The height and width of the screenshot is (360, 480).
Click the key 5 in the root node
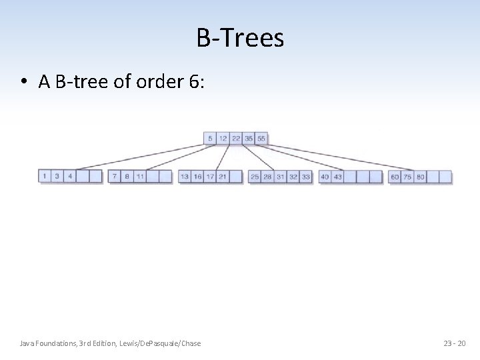[210, 139]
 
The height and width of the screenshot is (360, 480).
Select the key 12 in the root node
[223, 139]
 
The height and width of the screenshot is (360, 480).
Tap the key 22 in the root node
[236, 139]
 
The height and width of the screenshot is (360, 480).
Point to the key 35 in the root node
[249, 139]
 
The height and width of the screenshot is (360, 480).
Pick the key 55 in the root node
[261, 139]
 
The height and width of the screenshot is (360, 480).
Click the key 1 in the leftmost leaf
[45, 177]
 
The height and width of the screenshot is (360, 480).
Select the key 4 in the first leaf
[70, 177]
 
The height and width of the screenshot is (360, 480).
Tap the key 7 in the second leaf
[115, 177]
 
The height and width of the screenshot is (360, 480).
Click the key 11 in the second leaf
[140, 177]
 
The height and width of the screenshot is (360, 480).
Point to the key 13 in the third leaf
[185, 177]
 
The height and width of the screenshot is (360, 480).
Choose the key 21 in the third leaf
[223, 177]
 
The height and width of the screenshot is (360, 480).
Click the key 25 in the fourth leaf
[255, 177]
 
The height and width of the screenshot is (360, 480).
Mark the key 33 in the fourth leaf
[306, 177]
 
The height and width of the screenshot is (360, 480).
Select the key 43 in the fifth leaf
[338, 177]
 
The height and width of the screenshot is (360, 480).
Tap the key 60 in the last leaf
[395, 177]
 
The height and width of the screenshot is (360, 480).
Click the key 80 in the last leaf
[421, 177]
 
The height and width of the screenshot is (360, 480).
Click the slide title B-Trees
[240, 38]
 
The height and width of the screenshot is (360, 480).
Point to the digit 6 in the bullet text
[193, 81]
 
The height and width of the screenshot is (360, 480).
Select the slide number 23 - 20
[455, 343]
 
